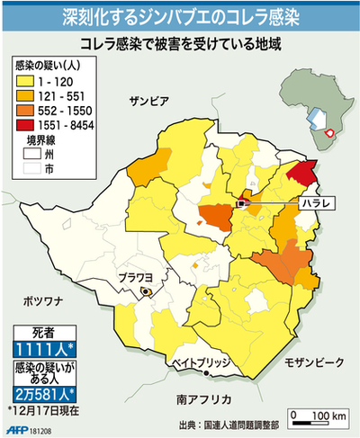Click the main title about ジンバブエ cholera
coord(180,15)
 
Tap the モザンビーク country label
coord(314,362)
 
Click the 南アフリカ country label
coord(205,398)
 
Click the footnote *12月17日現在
coord(45,409)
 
